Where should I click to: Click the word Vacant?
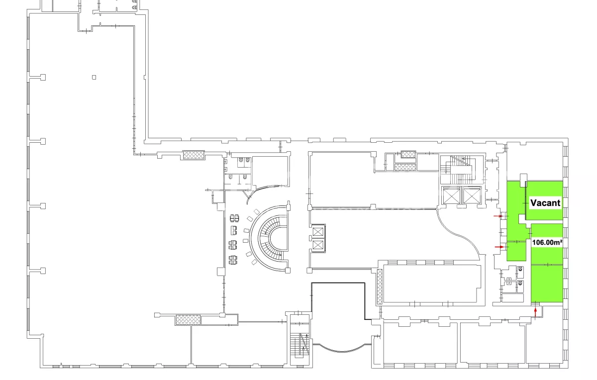coord(545,203)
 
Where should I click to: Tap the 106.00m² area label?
coord(547,243)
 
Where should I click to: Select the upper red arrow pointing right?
coord(498,216)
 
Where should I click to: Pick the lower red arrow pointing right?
coord(499,247)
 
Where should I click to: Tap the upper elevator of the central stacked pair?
coord(318,232)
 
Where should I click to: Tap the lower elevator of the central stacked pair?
coord(318,245)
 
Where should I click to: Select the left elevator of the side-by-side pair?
coord(451,195)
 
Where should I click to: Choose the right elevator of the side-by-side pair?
coord(472,195)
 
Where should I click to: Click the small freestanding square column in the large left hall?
coord(94,77)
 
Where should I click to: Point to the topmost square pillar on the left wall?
coord(43,77)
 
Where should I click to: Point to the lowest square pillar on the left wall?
coord(43,271)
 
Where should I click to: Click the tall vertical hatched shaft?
coord(380,286)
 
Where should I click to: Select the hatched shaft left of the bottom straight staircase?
coord(188,320)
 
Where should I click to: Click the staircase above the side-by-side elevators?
coord(462,170)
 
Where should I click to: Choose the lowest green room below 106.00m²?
coord(547,284)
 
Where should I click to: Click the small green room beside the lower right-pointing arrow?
coord(516,251)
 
